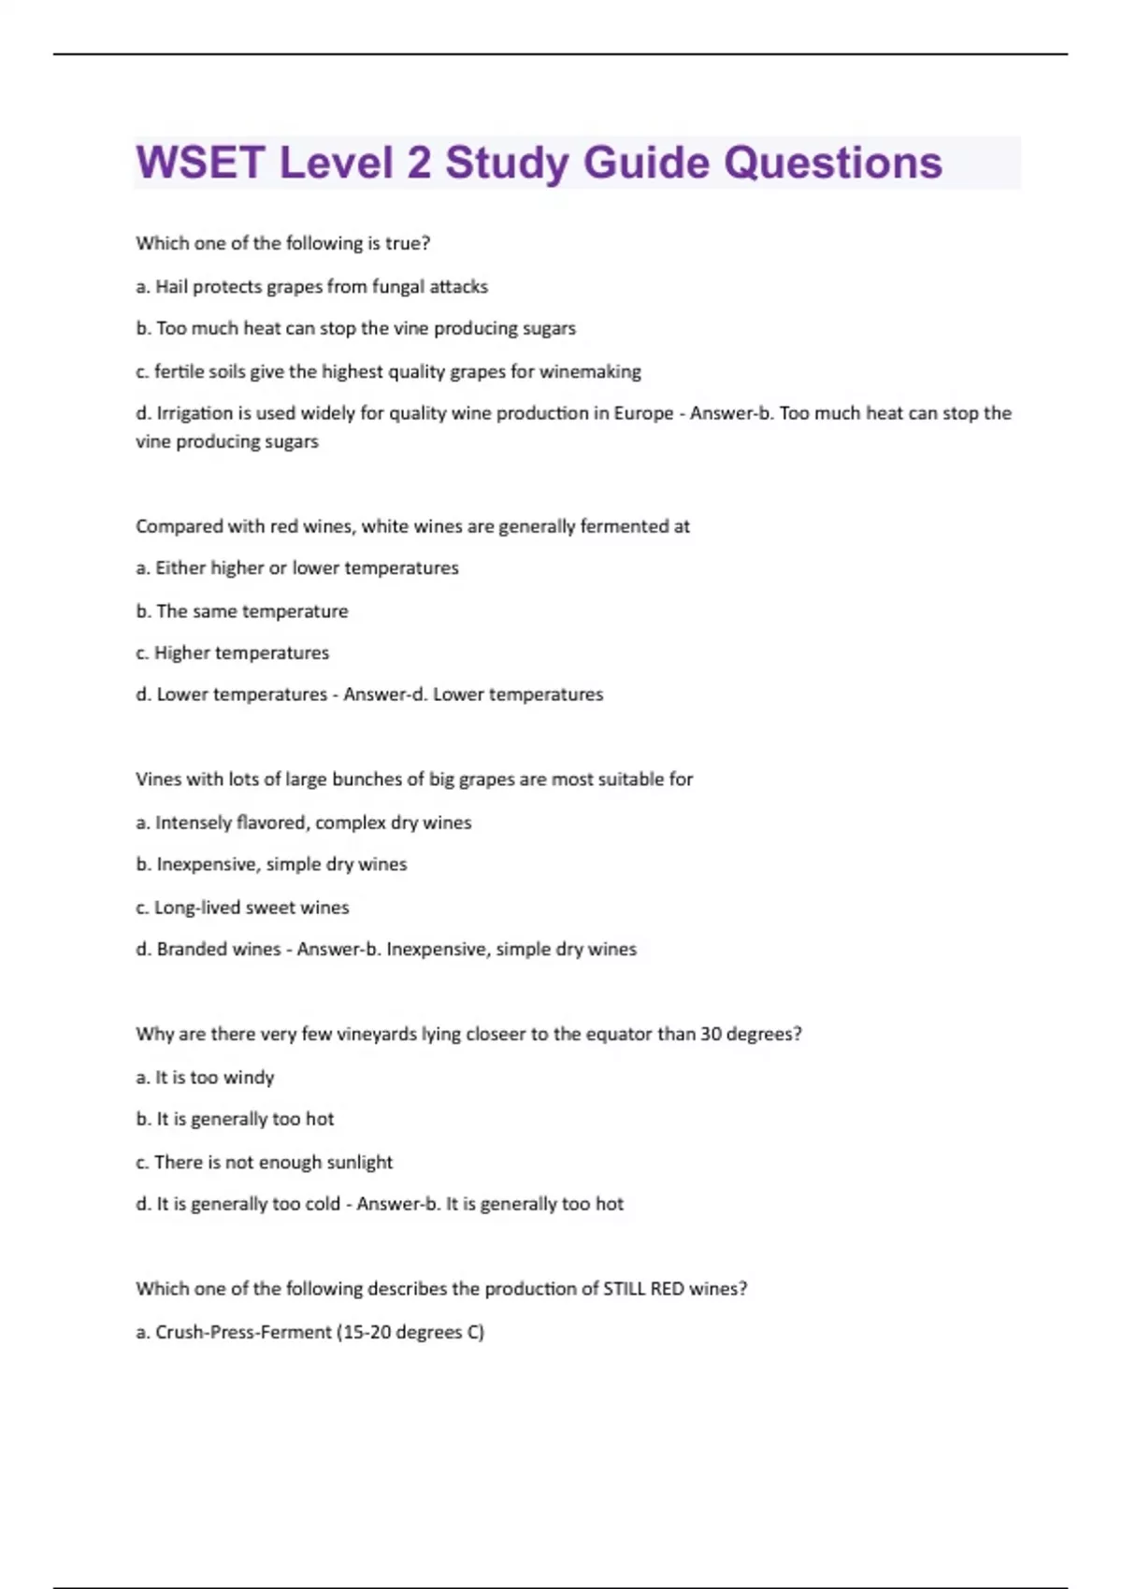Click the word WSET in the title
pyautogui.click(x=200, y=163)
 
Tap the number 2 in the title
pyautogui.click(x=419, y=163)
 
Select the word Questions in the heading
pyautogui.click(x=833, y=163)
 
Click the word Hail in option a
pyautogui.click(x=171, y=286)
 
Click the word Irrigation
pyautogui.click(x=194, y=413)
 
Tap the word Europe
pyautogui.click(x=643, y=413)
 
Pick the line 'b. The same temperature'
pyautogui.click(x=242, y=611)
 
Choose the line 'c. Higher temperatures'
pyautogui.click(x=233, y=652)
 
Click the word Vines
pyautogui.click(x=159, y=780)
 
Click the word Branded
pyautogui.click(x=192, y=949)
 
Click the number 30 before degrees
pyautogui.click(x=711, y=1034)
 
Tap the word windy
pyautogui.click(x=249, y=1078)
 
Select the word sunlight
pyautogui.click(x=359, y=1162)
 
